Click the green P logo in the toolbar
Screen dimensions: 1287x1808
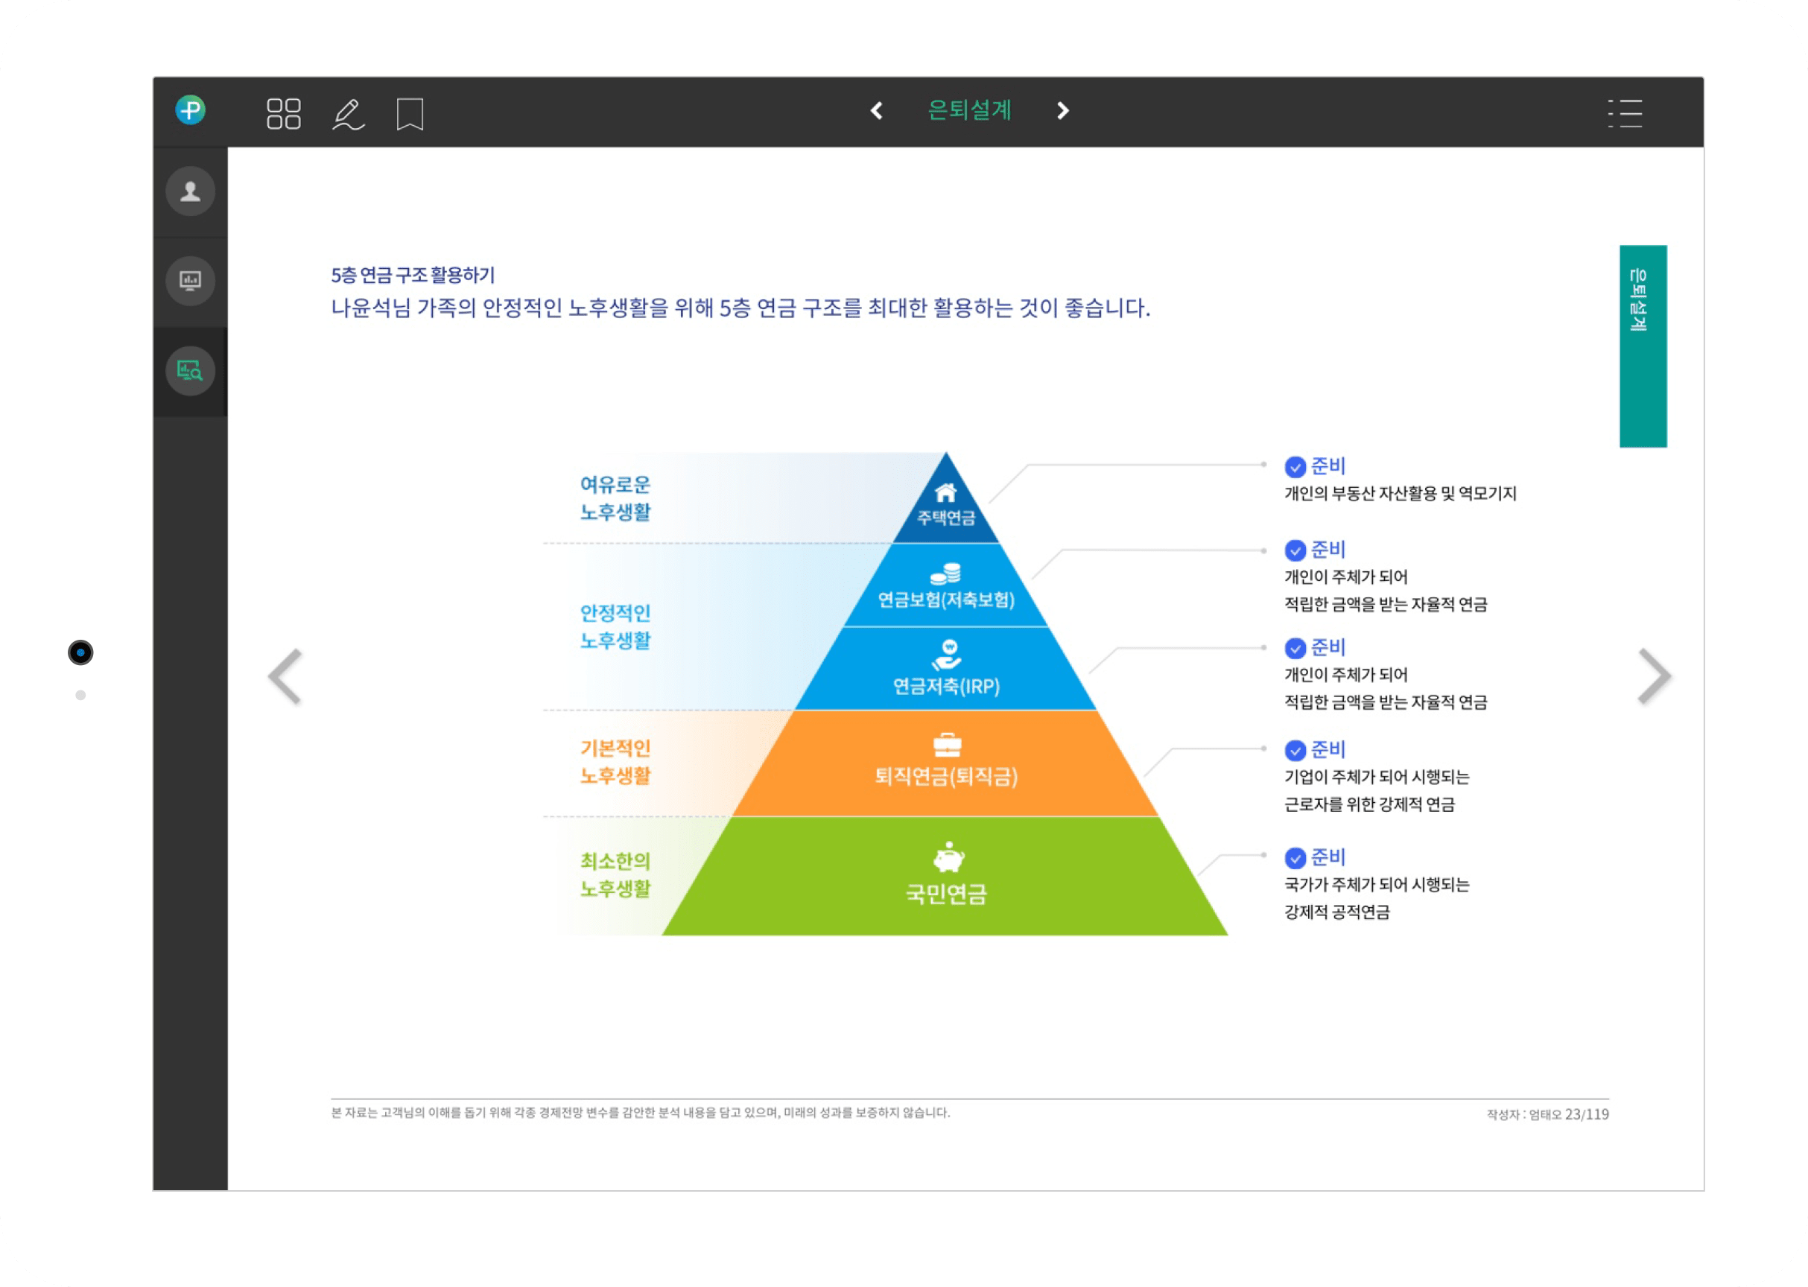[190, 110]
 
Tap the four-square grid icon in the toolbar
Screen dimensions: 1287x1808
[284, 113]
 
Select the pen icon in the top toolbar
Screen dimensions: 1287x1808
[348, 114]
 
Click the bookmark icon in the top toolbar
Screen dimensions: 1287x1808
[410, 114]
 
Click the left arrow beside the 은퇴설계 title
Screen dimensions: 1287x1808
[877, 111]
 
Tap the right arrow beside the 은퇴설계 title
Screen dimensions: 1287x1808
[1063, 111]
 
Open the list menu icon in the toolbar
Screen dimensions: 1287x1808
[1625, 113]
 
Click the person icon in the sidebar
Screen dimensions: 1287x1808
[190, 191]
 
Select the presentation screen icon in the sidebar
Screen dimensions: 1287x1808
[190, 281]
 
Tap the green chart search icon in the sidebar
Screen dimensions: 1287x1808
[190, 370]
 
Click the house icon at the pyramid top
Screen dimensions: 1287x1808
[945, 493]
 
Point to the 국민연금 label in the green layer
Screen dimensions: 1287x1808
[946, 894]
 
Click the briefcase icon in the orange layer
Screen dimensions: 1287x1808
[947, 745]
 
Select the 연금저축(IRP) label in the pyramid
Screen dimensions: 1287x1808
[946, 686]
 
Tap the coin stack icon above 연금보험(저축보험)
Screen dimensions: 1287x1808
[945, 573]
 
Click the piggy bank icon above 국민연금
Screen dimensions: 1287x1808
[948, 857]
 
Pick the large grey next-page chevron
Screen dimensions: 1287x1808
[1655, 676]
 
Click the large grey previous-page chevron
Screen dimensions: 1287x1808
[285, 676]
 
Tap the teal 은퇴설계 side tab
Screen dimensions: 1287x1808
[1643, 346]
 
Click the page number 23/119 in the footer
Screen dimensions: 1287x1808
[1587, 1114]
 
